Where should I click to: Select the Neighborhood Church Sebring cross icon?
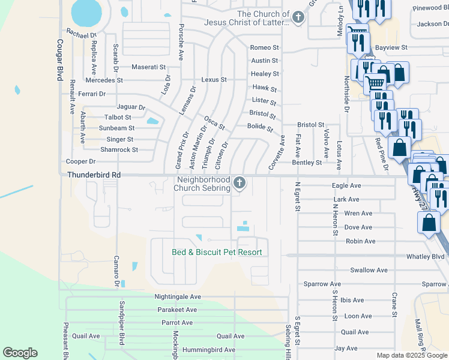pyautogui.click(x=240, y=183)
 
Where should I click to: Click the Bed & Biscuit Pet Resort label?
pyautogui.click(x=217, y=252)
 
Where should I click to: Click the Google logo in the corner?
pyautogui.click(x=20, y=353)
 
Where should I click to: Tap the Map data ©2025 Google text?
pyautogui.click(x=412, y=355)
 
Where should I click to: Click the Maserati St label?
pyautogui.click(x=148, y=67)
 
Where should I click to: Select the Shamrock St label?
pyautogui.click(x=119, y=149)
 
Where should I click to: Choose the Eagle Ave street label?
pyautogui.click(x=347, y=186)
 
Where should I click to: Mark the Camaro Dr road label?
pyautogui.click(x=115, y=271)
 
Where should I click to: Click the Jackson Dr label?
pyautogui.click(x=432, y=24)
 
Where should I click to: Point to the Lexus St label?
pyautogui.click(x=214, y=79)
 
